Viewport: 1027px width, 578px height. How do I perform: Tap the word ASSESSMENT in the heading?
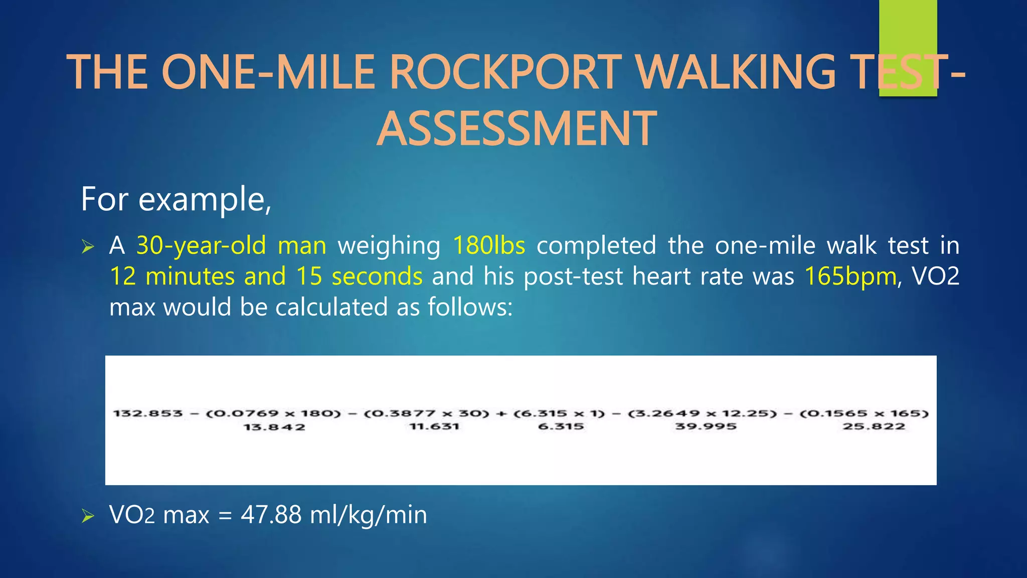click(x=516, y=129)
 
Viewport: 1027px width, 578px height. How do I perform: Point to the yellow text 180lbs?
click(x=489, y=246)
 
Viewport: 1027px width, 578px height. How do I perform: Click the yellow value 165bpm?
click(x=850, y=276)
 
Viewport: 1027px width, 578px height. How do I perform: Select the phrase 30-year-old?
click(x=201, y=246)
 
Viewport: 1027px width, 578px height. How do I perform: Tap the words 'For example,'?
click(x=176, y=199)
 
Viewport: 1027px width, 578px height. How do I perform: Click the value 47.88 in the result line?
click(x=271, y=515)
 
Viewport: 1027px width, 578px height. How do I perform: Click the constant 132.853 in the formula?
click(x=148, y=413)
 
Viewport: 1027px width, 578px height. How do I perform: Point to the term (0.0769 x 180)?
click(x=273, y=413)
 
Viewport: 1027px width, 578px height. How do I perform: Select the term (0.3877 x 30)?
click(x=426, y=413)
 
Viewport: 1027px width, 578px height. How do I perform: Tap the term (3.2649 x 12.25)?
click(x=702, y=413)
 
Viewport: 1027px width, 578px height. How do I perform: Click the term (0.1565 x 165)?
click(x=864, y=413)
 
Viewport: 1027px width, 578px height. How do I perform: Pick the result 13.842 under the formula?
click(x=274, y=427)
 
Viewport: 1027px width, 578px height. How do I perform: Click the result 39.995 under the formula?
click(x=706, y=426)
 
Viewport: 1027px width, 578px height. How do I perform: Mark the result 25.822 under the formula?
click(x=874, y=426)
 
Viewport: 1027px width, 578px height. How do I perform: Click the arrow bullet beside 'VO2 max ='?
click(x=88, y=516)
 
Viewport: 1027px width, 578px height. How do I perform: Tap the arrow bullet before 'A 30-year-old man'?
click(x=88, y=246)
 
